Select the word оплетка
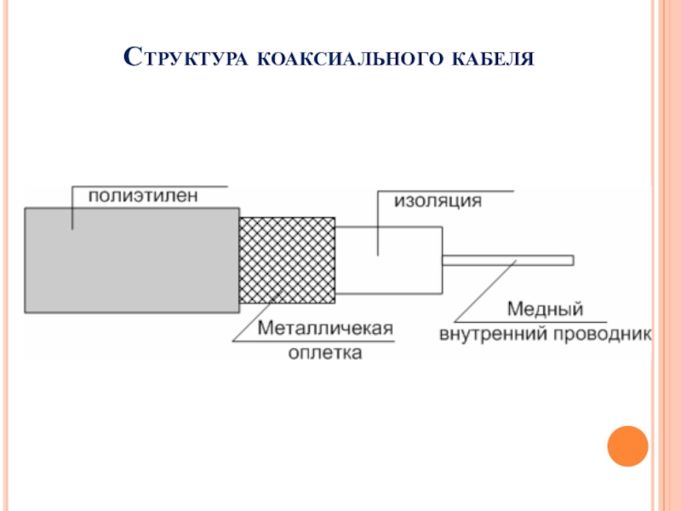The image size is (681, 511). tap(323, 352)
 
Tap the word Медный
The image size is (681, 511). tap(545, 308)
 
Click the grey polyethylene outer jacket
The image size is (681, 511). tap(128, 260)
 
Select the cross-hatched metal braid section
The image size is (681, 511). tap(287, 260)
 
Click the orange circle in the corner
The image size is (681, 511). tap(628, 445)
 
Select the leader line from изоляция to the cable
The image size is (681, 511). tap(377, 226)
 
